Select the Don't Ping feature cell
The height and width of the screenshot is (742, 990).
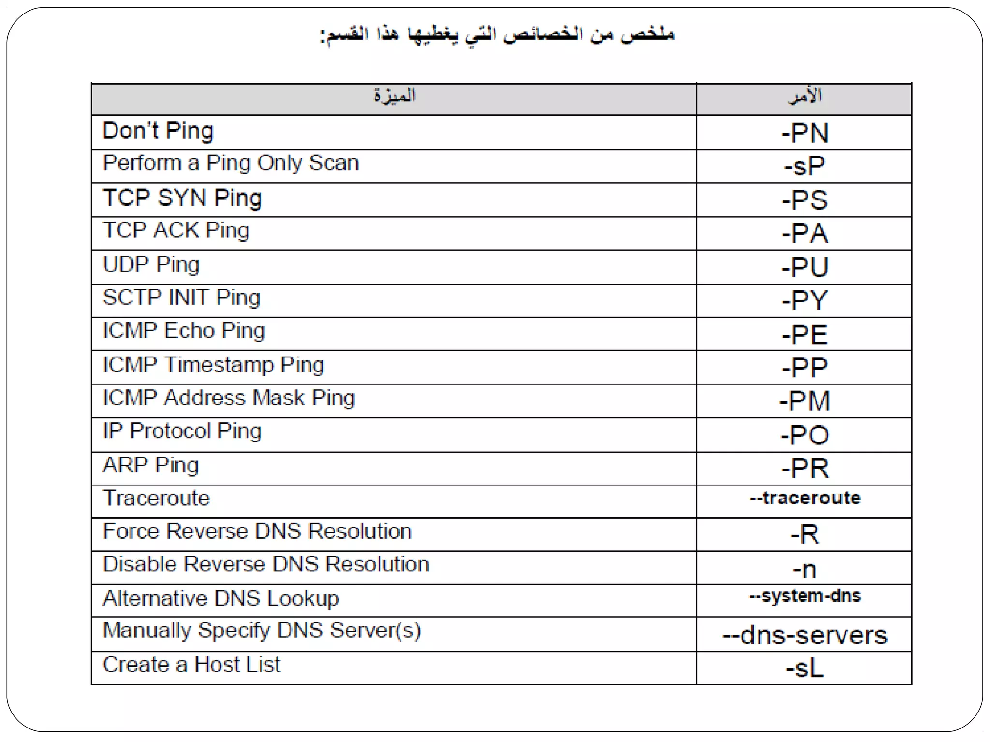pos(158,131)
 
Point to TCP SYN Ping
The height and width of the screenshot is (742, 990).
pos(182,198)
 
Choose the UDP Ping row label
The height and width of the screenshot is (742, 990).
pos(151,265)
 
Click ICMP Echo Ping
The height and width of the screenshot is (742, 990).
pos(184,331)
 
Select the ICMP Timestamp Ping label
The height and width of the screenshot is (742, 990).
pos(213,365)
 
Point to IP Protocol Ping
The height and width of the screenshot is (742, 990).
pos(182,431)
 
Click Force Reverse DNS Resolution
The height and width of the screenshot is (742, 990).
pos(257,531)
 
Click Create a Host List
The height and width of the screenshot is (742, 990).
pos(191,665)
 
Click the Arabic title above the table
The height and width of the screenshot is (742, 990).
pos(498,35)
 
